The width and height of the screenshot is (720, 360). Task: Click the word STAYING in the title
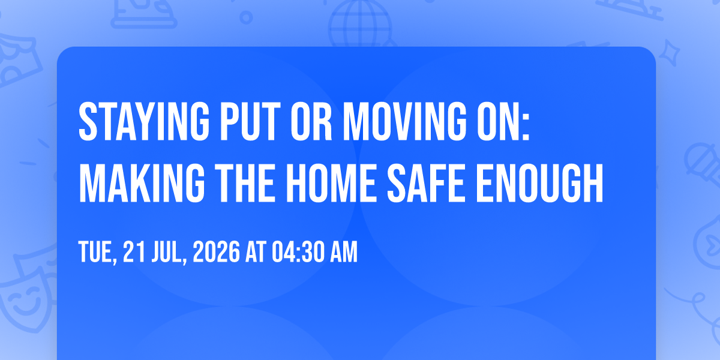[x=144, y=121]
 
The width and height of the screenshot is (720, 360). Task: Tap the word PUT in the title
[x=250, y=121]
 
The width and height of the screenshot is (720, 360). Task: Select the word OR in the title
[x=311, y=121]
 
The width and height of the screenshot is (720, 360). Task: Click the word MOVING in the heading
[x=404, y=121]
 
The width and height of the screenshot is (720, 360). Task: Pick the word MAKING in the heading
[x=142, y=183]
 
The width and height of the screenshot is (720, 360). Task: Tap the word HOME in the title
[x=331, y=183]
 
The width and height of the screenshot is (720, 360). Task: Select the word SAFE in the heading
[x=425, y=183]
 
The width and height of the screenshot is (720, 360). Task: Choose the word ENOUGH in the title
[x=539, y=183]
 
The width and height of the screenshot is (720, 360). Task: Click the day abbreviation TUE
[x=98, y=253]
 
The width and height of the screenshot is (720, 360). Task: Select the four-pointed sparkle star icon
[x=669, y=53]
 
